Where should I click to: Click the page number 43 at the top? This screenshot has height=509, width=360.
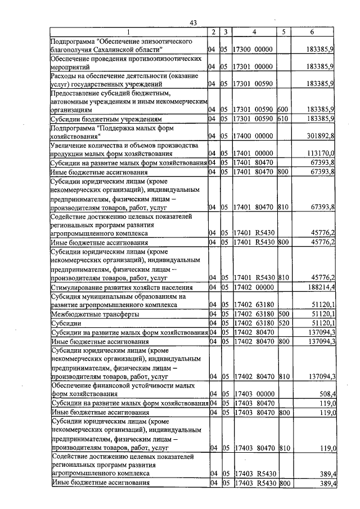[x=193, y=22]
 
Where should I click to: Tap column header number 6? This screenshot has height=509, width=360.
[x=312, y=32]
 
